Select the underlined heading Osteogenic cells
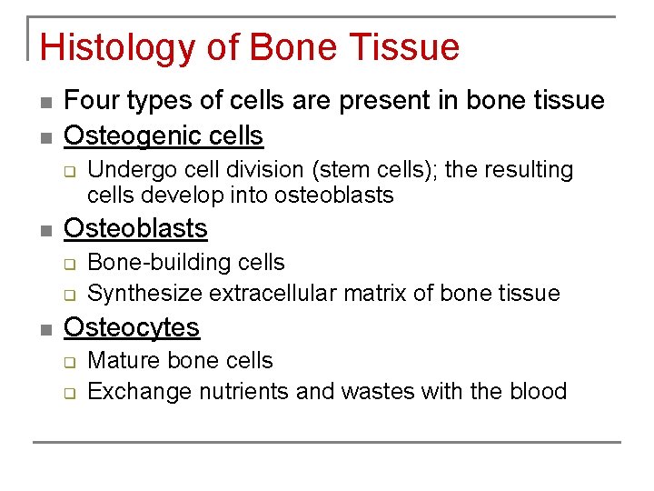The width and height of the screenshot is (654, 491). coord(163,135)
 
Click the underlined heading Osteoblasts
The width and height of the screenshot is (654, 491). coord(135,228)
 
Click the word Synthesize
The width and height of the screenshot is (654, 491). coord(144,293)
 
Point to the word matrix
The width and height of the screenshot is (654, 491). coord(385,293)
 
